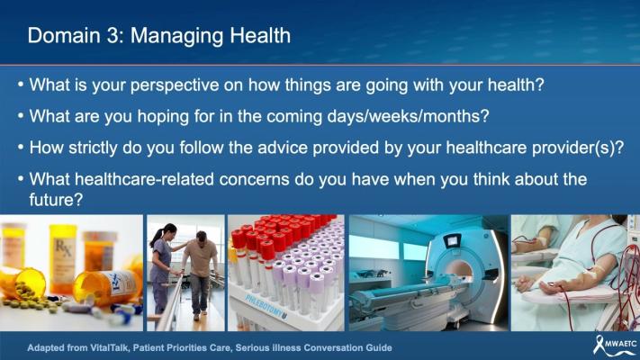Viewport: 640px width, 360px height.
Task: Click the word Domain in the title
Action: (64, 35)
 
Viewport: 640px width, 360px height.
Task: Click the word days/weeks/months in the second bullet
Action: (408, 117)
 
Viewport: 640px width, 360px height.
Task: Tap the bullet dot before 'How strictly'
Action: (21, 147)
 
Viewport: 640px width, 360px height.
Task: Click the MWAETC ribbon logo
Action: (615, 345)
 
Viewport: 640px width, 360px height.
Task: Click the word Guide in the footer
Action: (380, 348)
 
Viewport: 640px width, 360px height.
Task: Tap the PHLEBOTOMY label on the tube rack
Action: (266, 307)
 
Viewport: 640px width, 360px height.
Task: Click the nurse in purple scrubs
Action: (162, 267)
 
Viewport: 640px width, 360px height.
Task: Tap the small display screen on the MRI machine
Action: (452, 241)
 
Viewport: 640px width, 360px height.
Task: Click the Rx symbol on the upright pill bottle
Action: (63, 247)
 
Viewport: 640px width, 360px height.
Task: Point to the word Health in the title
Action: (260, 35)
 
